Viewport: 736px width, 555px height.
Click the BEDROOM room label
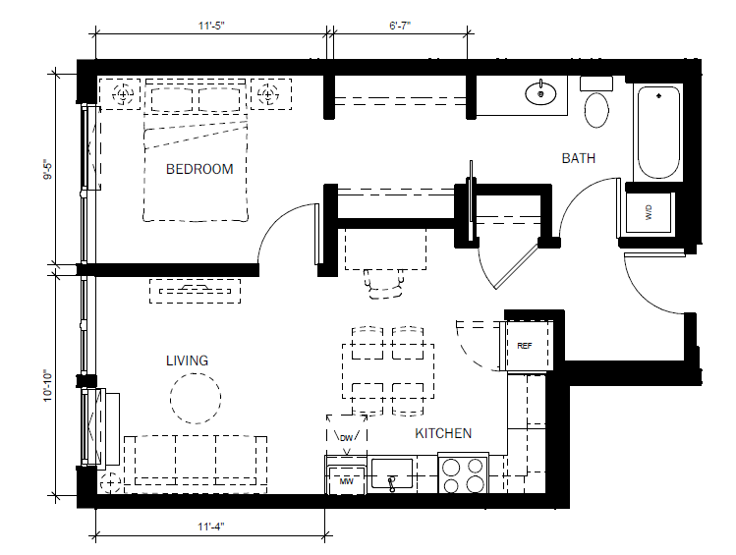point(199,169)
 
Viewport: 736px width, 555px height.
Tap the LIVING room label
point(187,361)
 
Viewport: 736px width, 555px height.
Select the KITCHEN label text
point(443,433)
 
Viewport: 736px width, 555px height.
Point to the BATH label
point(578,158)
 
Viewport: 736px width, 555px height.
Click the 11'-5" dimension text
point(211,26)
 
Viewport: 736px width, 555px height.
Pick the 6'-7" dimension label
point(400,26)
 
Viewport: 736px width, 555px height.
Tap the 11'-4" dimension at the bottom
point(210,527)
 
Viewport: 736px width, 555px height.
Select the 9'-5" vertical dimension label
point(48,170)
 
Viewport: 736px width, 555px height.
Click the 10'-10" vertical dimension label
point(48,386)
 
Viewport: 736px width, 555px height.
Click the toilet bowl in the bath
point(596,110)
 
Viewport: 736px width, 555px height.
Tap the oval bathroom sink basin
point(540,94)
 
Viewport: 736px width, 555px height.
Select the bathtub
point(658,133)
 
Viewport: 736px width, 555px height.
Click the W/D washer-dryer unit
point(649,212)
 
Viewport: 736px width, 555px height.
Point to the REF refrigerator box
point(526,346)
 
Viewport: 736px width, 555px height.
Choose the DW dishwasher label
point(347,438)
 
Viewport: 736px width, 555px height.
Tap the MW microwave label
point(347,481)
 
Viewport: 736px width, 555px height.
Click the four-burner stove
point(463,473)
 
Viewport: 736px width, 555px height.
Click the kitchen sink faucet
point(391,483)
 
